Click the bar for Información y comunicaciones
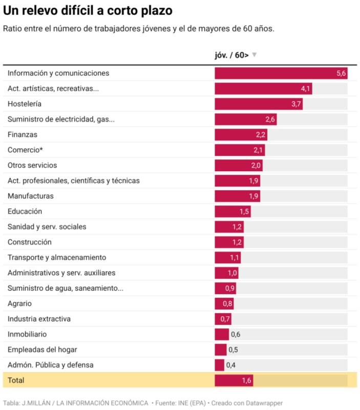pyautogui.click(x=281, y=73)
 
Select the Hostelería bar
pyautogui.click(x=259, y=104)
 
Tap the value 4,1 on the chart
pyautogui.click(x=306, y=89)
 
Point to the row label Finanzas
pyautogui.click(x=23, y=135)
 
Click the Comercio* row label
pyautogui.click(x=25, y=150)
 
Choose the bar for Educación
pyautogui.click(x=232, y=212)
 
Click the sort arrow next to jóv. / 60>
pyautogui.click(x=255, y=55)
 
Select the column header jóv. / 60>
pyautogui.click(x=231, y=55)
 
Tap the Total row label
pyautogui.click(x=16, y=380)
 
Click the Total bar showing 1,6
pyautogui.click(x=234, y=380)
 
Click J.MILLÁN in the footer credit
pyautogui.click(x=37, y=403)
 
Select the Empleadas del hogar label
pyautogui.click(x=43, y=350)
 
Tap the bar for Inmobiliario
pyautogui.click(x=222, y=335)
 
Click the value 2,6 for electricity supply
pyautogui.click(x=270, y=119)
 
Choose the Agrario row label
pyautogui.click(x=20, y=304)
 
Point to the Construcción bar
pyautogui.click(x=229, y=242)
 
